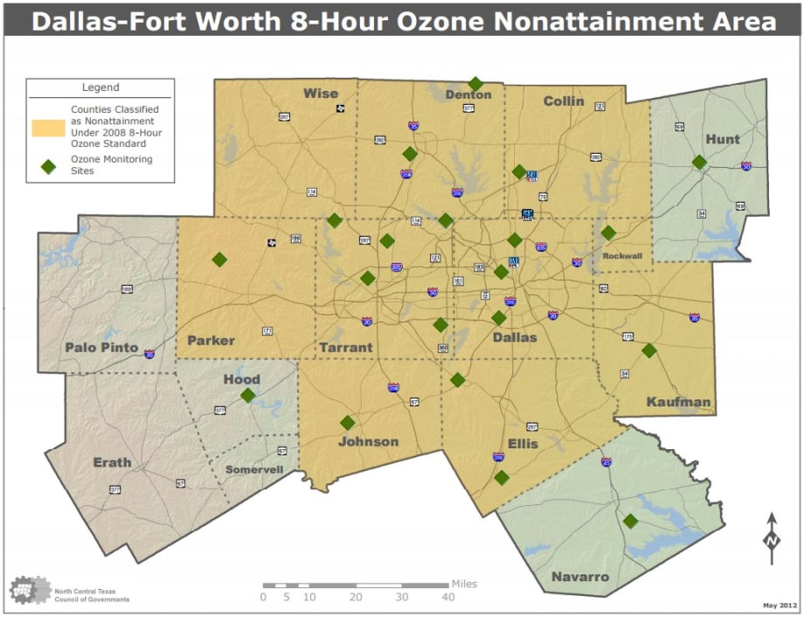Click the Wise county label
tap(320, 94)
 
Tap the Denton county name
tap(468, 94)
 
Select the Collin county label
tap(564, 101)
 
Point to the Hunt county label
tap(722, 139)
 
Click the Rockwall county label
tap(623, 256)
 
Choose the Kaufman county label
tap(679, 402)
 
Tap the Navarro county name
tap(579, 577)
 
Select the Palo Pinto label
tap(101, 348)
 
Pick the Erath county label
tap(112, 462)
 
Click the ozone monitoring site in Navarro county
tap(630, 521)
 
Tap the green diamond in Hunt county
tap(699, 162)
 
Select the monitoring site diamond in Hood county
tap(248, 395)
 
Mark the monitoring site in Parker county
tap(219, 259)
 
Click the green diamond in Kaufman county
tap(649, 350)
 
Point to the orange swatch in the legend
tap(48, 127)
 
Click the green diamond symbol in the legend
tap(48, 164)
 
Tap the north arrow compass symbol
tap(772, 538)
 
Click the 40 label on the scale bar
tap(448, 598)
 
